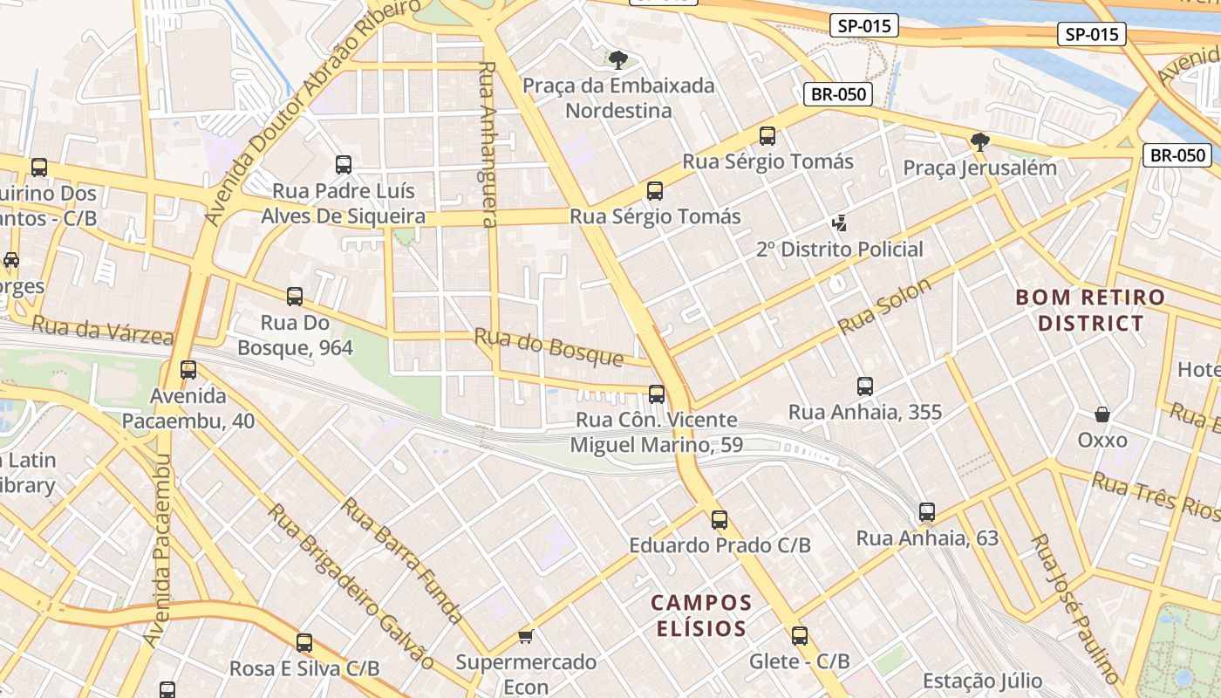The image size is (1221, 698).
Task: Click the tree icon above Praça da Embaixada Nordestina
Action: (618, 59)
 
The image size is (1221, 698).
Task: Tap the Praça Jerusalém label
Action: (979, 168)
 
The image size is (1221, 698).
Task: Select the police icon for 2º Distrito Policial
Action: (839, 223)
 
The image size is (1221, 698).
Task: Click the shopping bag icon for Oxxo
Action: (1102, 414)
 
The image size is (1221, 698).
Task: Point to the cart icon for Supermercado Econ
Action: (525, 636)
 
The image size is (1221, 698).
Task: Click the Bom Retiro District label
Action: (1090, 310)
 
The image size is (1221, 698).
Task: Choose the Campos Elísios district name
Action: (700, 615)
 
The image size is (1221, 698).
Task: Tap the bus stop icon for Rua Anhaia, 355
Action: (865, 386)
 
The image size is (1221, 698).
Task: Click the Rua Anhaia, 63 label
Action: (927, 537)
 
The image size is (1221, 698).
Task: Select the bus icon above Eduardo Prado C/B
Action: (720, 520)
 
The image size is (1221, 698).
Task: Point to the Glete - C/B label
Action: (799, 661)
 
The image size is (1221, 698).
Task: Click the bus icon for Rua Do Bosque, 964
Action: (295, 297)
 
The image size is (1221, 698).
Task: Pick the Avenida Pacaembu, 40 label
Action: (188, 408)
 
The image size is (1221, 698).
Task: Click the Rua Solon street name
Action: (885, 306)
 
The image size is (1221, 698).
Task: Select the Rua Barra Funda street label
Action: (403, 560)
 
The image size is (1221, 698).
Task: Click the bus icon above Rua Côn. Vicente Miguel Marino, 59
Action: (657, 394)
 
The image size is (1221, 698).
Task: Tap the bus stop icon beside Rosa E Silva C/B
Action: (304, 643)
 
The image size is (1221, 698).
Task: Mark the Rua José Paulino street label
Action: (1074, 607)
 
